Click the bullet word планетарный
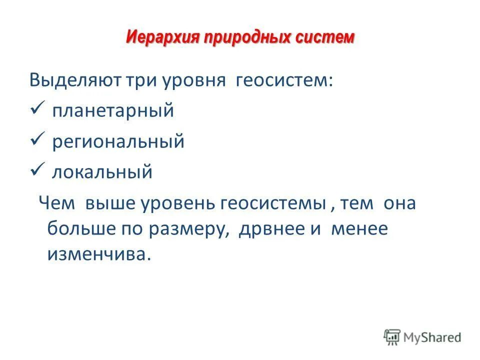point(113,111)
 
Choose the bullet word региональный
point(119,142)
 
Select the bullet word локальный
point(102,172)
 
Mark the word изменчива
point(98,254)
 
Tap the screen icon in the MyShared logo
point(392,336)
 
